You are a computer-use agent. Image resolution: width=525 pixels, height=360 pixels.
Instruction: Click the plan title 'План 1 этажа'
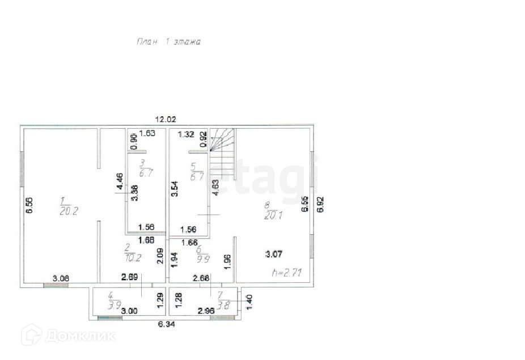click(168, 41)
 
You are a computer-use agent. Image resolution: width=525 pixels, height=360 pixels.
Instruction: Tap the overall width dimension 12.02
click(166, 119)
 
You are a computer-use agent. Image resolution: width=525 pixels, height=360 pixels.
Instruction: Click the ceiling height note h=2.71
click(286, 273)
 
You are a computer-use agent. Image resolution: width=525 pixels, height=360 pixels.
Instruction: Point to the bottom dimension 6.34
click(166, 324)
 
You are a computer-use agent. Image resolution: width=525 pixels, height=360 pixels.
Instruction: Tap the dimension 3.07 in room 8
click(274, 255)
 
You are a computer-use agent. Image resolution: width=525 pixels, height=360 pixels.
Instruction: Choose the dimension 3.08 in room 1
click(61, 278)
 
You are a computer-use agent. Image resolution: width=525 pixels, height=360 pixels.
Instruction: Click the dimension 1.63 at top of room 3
click(147, 134)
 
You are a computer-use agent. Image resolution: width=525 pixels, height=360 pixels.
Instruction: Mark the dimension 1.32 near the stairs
click(186, 134)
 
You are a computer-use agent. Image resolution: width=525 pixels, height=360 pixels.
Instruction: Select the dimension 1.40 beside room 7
click(248, 300)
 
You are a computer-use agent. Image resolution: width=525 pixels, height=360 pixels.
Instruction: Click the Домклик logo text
click(79, 336)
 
